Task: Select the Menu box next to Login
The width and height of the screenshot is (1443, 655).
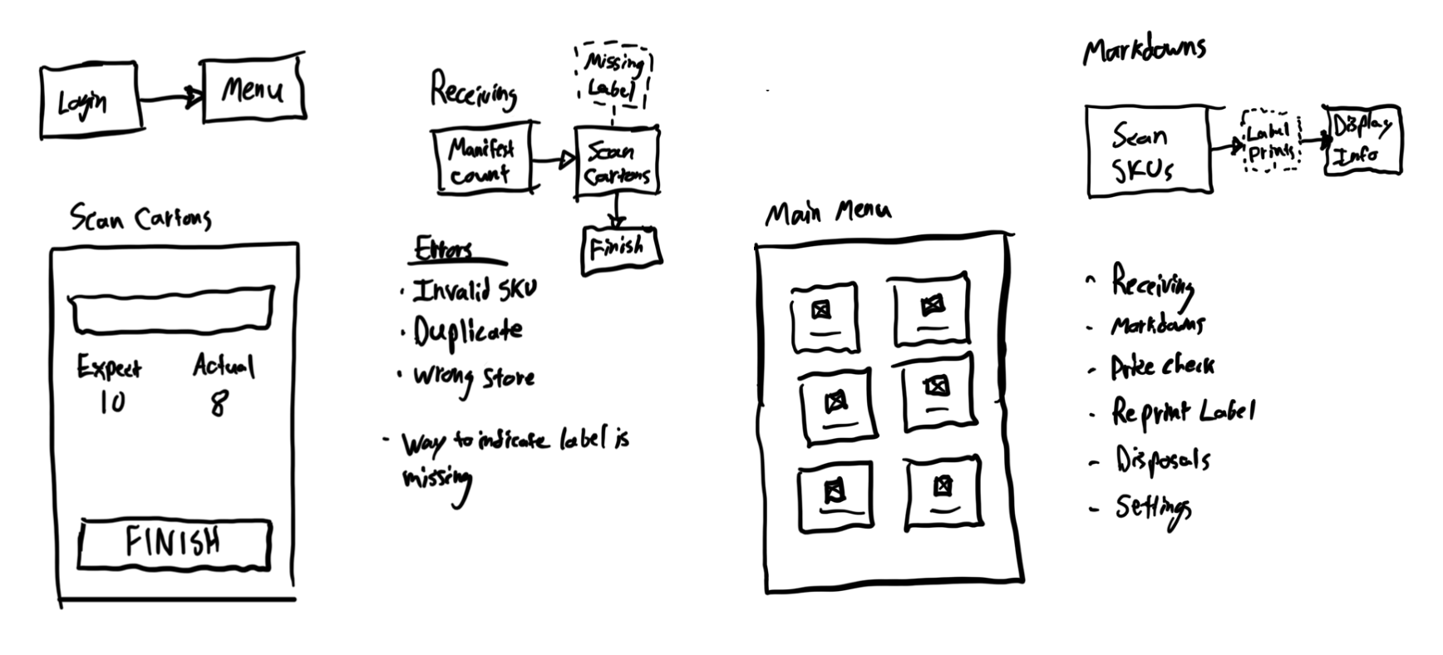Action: (253, 88)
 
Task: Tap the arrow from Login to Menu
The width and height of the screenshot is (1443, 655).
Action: (170, 99)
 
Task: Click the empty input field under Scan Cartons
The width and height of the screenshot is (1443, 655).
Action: (171, 310)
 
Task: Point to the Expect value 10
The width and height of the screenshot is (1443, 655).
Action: (111, 402)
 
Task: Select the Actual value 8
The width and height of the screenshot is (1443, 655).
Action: (219, 405)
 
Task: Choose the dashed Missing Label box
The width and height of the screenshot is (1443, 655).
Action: (613, 76)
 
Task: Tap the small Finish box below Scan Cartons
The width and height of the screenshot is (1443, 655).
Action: (618, 249)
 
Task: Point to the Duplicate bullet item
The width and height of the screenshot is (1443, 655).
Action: (469, 332)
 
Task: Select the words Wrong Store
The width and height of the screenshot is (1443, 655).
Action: (475, 378)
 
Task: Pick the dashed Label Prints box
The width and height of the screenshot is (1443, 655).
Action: (1270, 141)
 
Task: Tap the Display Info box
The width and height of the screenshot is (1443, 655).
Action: (1362, 140)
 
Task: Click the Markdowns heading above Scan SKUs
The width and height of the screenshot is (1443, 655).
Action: (1144, 52)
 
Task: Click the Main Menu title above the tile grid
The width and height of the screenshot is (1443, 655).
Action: (827, 214)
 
